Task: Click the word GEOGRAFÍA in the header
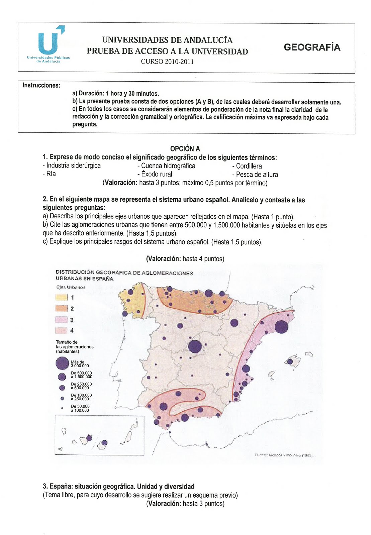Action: coord(312,47)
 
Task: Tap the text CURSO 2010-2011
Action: coord(167,62)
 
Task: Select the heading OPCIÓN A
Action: coord(185,148)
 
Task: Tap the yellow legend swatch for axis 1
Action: coord(62,297)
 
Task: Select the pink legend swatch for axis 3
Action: coord(62,320)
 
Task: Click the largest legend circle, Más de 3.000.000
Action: coord(62,363)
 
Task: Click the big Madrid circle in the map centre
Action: coord(195,346)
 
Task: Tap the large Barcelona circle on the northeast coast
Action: coord(281,326)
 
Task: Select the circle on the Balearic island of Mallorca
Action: coord(290,361)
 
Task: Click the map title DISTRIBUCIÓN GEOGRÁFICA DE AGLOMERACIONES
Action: coord(124,273)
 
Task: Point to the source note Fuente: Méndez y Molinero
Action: coord(284,455)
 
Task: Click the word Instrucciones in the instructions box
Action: coord(41,86)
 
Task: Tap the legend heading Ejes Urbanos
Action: coord(71,287)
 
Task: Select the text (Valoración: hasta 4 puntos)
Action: coord(185,258)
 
